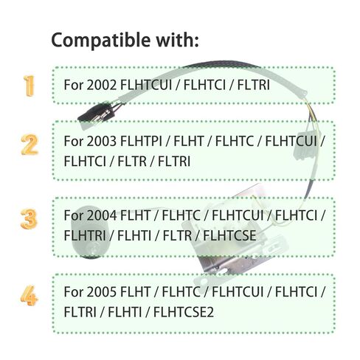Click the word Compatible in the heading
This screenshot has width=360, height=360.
100,41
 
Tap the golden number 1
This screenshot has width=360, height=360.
29,86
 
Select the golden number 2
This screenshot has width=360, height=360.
30,145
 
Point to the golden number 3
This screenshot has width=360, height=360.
29,219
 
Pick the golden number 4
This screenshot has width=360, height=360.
29,295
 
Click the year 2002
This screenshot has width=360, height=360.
101,85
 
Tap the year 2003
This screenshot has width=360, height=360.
101,141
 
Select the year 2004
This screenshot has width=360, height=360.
101,215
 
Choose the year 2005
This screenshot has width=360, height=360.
101,292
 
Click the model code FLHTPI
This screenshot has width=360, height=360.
141,141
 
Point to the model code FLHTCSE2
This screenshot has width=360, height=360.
184,312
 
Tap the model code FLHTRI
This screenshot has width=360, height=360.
85,235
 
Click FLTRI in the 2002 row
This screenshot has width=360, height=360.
254,85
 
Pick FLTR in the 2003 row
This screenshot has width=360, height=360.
132,162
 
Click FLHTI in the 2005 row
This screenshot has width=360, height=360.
125,312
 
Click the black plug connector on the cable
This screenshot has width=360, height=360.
97,114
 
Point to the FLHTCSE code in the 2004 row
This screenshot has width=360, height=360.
229,235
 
